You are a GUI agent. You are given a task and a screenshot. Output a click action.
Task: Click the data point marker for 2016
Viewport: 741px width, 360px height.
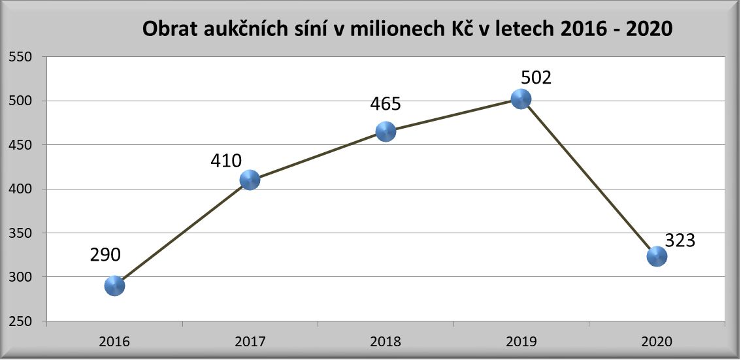(114, 286)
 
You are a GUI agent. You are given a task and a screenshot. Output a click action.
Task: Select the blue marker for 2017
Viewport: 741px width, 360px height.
(250, 180)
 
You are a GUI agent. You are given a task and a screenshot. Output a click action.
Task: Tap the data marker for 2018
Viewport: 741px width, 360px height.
(386, 131)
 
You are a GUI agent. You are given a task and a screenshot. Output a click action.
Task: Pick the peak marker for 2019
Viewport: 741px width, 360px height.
(521, 99)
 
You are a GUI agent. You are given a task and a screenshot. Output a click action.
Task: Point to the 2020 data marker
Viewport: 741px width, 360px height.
(657, 256)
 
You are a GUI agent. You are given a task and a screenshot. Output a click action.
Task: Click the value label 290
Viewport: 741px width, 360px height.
(105, 255)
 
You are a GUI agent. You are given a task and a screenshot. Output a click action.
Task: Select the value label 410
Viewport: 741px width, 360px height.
(226, 160)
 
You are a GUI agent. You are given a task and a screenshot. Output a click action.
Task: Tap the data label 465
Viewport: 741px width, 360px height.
(386, 104)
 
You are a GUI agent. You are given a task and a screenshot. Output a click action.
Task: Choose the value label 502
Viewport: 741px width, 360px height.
(536, 78)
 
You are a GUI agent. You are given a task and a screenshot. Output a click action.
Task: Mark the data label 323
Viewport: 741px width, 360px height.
(680, 240)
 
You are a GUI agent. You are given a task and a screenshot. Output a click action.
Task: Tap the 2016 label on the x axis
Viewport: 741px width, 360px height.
(114, 342)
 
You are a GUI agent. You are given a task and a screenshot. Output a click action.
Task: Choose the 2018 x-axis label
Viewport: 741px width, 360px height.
(386, 342)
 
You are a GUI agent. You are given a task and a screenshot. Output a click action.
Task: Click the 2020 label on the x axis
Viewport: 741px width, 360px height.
(657, 342)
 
